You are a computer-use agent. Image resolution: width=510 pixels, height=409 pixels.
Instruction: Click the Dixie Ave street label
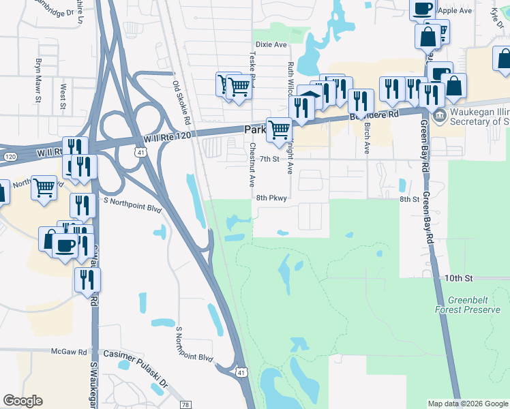[271, 45]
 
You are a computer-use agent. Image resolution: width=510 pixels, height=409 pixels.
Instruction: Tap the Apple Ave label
[455, 11]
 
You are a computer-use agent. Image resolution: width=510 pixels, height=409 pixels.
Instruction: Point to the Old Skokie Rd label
[182, 103]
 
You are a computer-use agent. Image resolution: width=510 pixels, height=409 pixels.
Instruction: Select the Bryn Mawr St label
[38, 80]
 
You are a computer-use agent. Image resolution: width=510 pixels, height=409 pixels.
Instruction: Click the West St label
[63, 96]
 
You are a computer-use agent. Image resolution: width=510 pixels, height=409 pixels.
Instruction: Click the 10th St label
[459, 278]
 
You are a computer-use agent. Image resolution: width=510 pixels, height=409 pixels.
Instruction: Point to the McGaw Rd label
[69, 352]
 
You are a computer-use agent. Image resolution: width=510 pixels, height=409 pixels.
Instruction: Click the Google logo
[22, 401]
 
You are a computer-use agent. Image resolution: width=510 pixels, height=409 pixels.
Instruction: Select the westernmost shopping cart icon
[44, 186]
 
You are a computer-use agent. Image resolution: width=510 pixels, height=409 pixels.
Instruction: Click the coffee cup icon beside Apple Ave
[422, 7]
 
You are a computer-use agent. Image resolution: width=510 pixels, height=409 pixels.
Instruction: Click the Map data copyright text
[467, 404]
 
